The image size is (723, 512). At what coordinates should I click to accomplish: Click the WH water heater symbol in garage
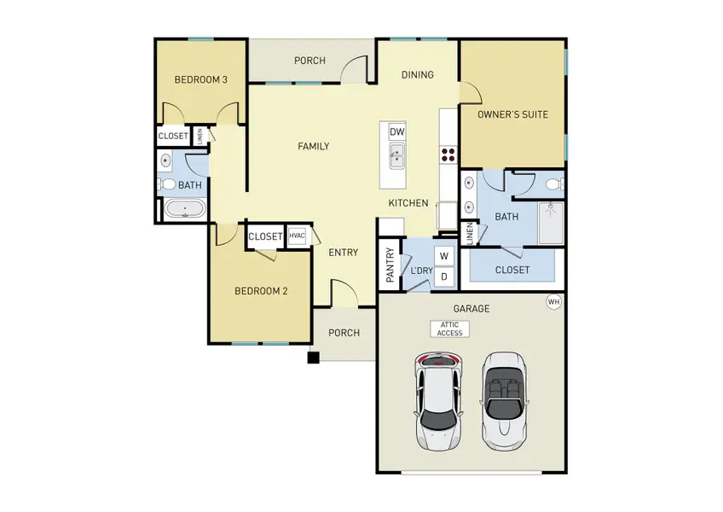point(553,301)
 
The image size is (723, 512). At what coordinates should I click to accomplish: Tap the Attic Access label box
point(448,329)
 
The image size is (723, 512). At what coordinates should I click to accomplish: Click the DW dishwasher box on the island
point(396,132)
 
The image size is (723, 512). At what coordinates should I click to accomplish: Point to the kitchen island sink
point(396,155)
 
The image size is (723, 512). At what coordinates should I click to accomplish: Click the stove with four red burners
point(448,154)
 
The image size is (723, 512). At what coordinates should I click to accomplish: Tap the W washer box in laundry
point(444,255)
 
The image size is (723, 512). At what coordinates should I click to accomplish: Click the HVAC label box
point(297,236)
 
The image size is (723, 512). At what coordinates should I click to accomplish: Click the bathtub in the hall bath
point(183,209)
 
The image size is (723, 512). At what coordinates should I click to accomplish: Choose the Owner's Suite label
point(512,113)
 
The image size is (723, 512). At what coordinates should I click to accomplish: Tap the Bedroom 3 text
point(200,80)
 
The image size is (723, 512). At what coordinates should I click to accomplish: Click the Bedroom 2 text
point(261,291)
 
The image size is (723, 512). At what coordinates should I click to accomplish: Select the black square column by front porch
point(314,358)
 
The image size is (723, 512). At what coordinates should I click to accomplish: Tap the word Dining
point(418,74)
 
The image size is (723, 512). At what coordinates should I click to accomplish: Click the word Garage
point(471,308)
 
